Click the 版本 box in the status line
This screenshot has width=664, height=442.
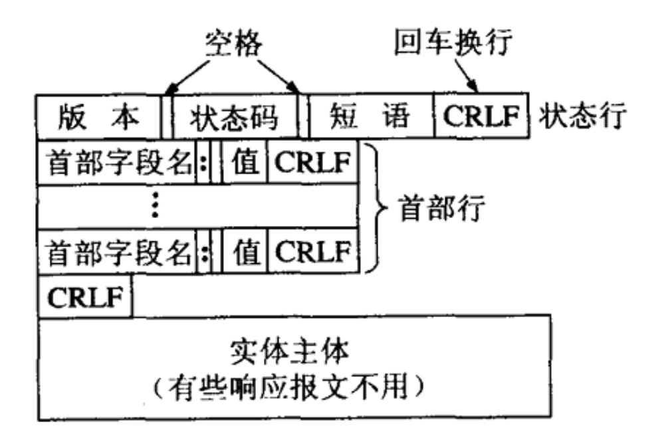(99, 116)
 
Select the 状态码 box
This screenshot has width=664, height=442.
(235, 116)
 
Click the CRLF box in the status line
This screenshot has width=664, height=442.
(481, 116)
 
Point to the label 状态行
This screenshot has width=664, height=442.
(582, 115)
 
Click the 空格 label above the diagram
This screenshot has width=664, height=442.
(234, 43)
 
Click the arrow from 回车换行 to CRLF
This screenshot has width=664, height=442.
(466, 75)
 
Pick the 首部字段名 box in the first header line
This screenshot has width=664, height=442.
(117, 163)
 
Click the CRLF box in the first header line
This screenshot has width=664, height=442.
(313, 162)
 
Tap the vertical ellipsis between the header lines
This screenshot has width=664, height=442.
(155, 205)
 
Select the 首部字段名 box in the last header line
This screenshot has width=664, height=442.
(117, 252)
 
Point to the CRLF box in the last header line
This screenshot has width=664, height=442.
(313, 251)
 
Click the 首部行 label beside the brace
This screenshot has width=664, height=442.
(442, 207)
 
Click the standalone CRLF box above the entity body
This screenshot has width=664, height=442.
(85, 296)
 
